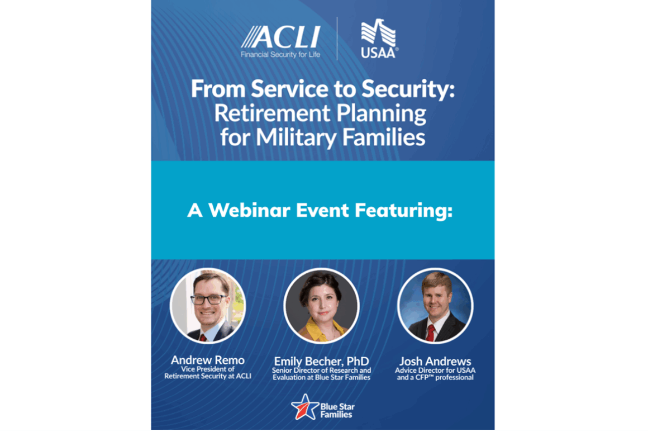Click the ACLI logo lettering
click(280, 37)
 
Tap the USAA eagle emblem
click(379, 32)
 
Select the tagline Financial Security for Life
click(280, 55)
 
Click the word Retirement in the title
click(273, 113)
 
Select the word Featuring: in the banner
click(404, 211)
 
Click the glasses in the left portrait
click(209, 300)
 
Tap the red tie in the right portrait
click(431, 333)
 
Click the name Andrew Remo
click(207, 360)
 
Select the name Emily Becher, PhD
click(322, 362)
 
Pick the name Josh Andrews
click(435, 362)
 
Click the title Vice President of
click(207, 369)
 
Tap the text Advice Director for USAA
click(435, 371)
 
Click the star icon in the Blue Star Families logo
click(304, 407)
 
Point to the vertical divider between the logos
click(337, 39)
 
